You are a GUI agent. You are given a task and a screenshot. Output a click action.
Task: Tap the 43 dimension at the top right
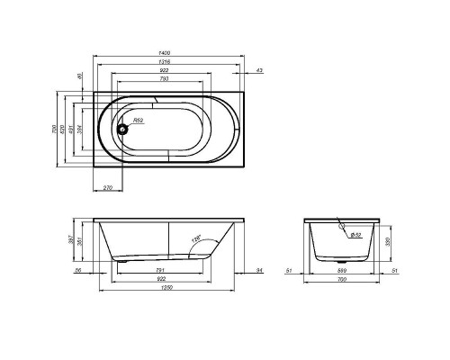point(259,69)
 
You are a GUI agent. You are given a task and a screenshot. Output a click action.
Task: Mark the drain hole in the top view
point(125,129)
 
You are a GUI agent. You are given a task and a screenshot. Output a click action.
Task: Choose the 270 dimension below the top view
point(108,187)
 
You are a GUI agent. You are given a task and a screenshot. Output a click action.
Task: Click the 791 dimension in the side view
point(160,269)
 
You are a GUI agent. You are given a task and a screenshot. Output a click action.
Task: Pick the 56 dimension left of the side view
point(78,269)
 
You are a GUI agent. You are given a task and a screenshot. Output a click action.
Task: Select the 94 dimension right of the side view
point(259,269)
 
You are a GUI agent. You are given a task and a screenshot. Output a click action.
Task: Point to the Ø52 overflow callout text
point(355,236)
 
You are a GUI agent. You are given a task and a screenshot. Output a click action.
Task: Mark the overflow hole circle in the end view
point(343,228)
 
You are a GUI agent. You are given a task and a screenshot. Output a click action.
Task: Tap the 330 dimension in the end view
point(388,240)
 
